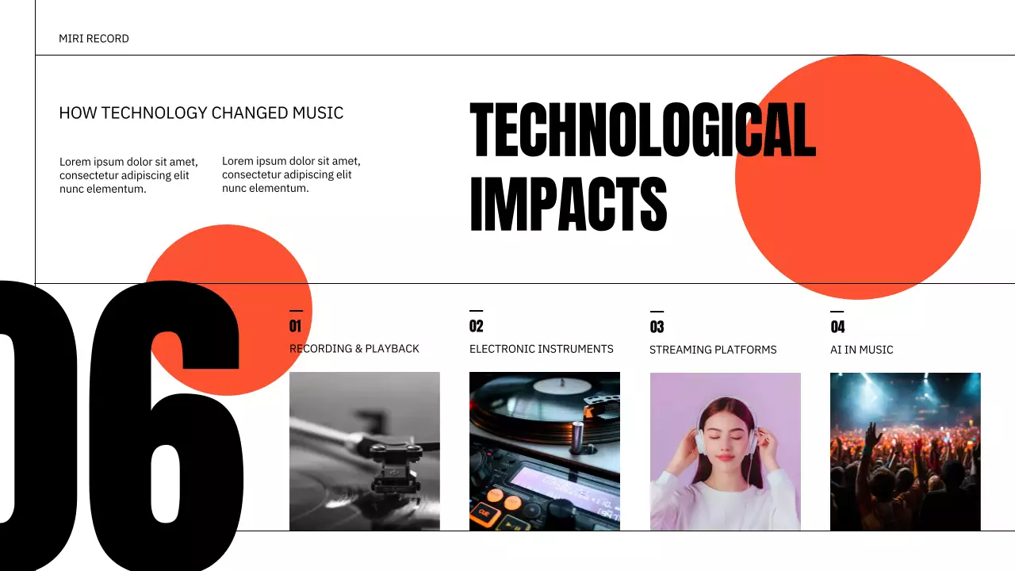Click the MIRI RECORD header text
click(94, 39)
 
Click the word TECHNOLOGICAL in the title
click(642, 130)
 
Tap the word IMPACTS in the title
click(568, 204)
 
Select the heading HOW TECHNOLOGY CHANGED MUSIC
click(201, 113)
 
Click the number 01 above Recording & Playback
click(295, 326)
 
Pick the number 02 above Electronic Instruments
click(476, 326)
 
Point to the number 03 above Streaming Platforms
click(657, 327)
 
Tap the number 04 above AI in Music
click(837, 327)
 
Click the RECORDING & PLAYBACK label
click(354, 349)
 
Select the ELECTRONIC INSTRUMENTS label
click(541, 349)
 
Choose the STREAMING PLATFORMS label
click(713, 350)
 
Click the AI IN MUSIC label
click(861, 350)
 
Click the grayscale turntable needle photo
click(364, 451)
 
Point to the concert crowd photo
click(905, 451)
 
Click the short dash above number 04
click(837, 312)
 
